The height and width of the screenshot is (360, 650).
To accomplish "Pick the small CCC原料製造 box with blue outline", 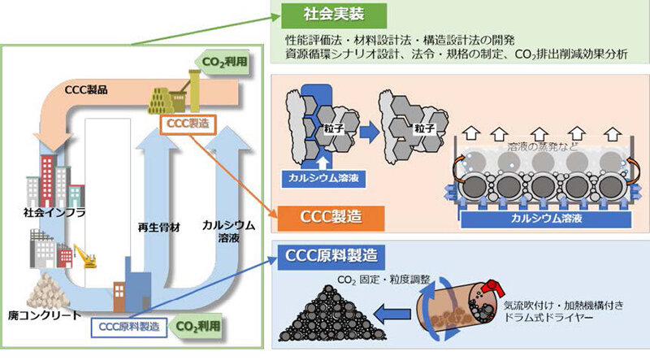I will [x=128, y=326].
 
